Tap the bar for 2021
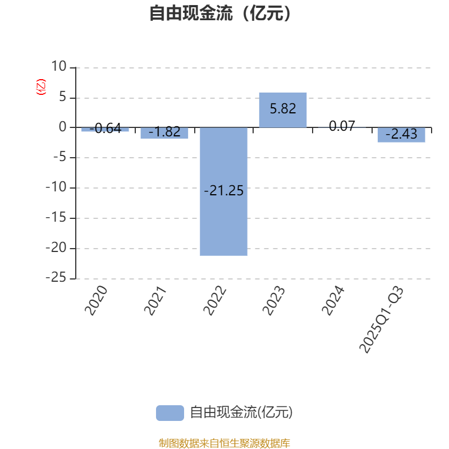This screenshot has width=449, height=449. click(164, 133)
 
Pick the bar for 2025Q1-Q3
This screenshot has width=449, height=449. click(401, 135)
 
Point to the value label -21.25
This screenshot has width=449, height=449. click(223, 191)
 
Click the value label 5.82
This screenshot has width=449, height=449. click(283, 109)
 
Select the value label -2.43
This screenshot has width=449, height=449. click(401, 135)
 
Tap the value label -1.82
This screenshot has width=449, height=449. click(164, 132)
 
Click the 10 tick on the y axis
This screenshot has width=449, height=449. click(58, 67)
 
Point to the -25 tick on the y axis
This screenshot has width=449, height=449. click(56, 278)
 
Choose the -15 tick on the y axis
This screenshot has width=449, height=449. click(56, 218)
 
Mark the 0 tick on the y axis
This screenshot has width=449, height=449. click(62, 127)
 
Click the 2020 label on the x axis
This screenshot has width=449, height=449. click(96, 300)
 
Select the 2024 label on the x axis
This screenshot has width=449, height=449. click(333, 300)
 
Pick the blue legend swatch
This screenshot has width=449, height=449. click(169, 413)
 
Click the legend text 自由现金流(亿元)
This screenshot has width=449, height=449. click(241, 413)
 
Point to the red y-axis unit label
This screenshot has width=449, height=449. click(40, 87)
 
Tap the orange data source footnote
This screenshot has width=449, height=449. click(224, 443)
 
